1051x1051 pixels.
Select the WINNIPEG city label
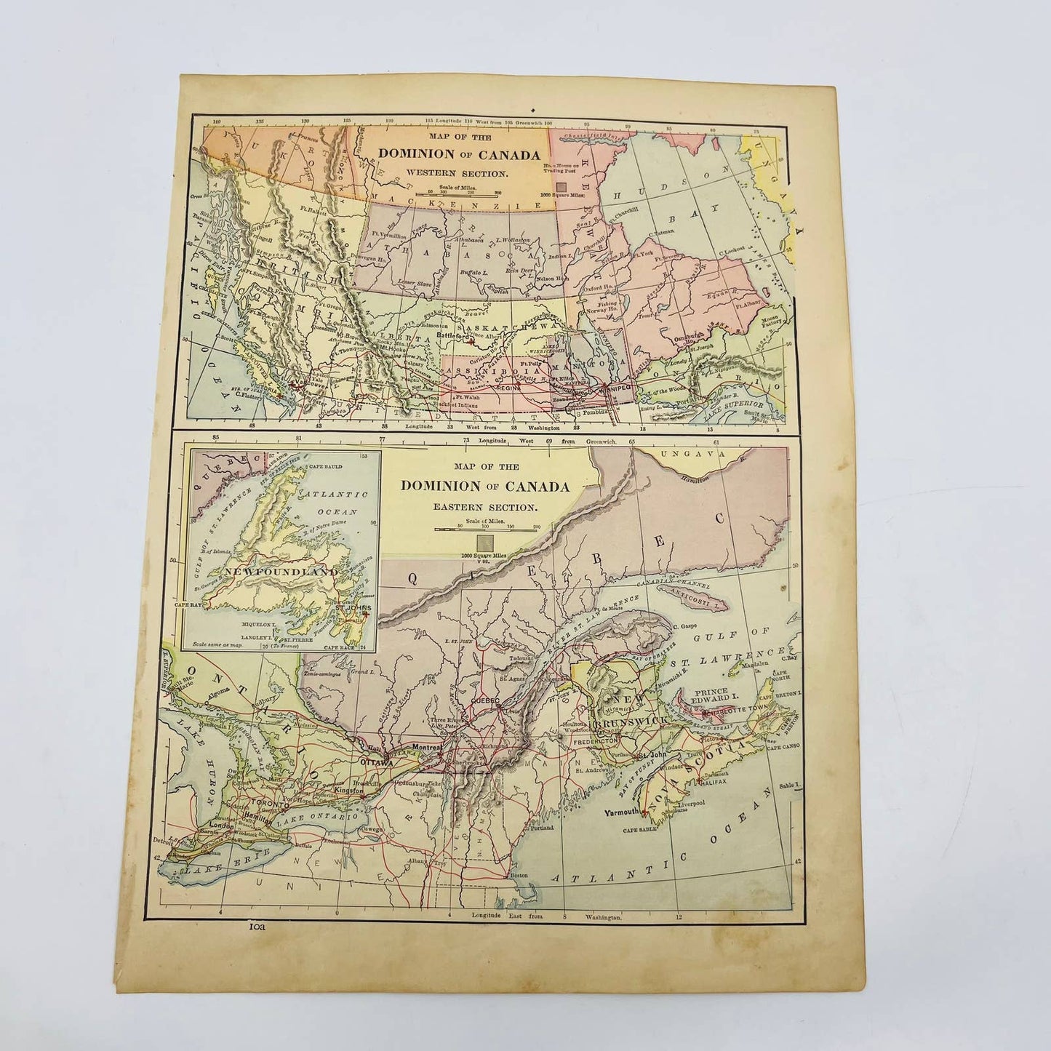click(x=615, y=386)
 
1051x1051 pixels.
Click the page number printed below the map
click(x=259, y=930)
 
